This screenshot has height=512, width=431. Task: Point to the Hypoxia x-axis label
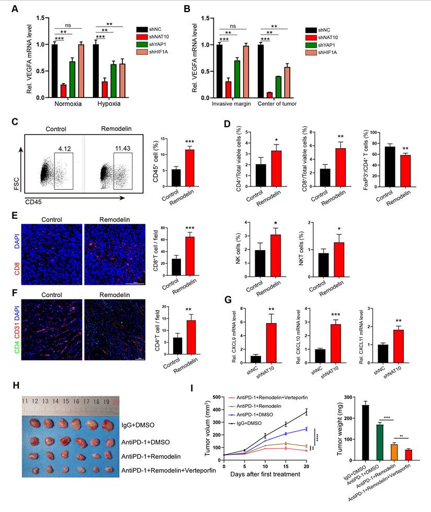point(108,104)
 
